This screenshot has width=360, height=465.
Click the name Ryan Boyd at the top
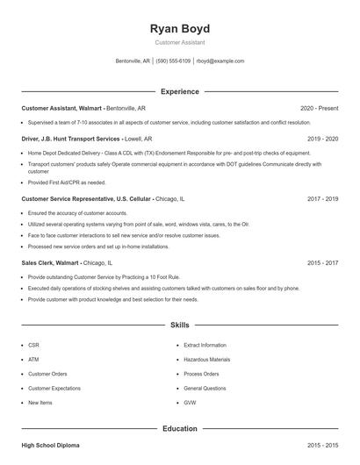pos(180,29)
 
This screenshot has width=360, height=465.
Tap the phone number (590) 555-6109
pos(174,61)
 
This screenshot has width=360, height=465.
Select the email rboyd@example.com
pos(220,61)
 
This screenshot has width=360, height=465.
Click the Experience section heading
pos(180,91)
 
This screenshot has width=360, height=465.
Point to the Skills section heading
pos(180,325)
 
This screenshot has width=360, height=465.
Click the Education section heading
pos(180,429)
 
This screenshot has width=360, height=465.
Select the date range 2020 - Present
pos(319,108)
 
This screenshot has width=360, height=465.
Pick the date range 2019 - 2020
pos(322,139)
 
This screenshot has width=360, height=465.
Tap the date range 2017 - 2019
pos(322,199)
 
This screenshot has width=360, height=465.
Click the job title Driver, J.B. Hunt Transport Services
pos(71,139)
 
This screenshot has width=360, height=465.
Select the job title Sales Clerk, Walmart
pos(50,262)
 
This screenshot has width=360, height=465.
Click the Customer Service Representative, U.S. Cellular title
pos(86,199)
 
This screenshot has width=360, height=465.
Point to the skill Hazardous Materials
pos(207,360)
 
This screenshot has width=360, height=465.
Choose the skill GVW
pos(190,403)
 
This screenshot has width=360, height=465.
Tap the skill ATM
pos(33,360)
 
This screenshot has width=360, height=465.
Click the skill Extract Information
pos(205,346)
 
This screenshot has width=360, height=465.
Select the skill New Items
pos(40,403)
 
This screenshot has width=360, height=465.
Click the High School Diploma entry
pos(50,446)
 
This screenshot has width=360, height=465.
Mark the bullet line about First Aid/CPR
pos(67,182)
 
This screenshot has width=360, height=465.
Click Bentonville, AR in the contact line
pos(134,61)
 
